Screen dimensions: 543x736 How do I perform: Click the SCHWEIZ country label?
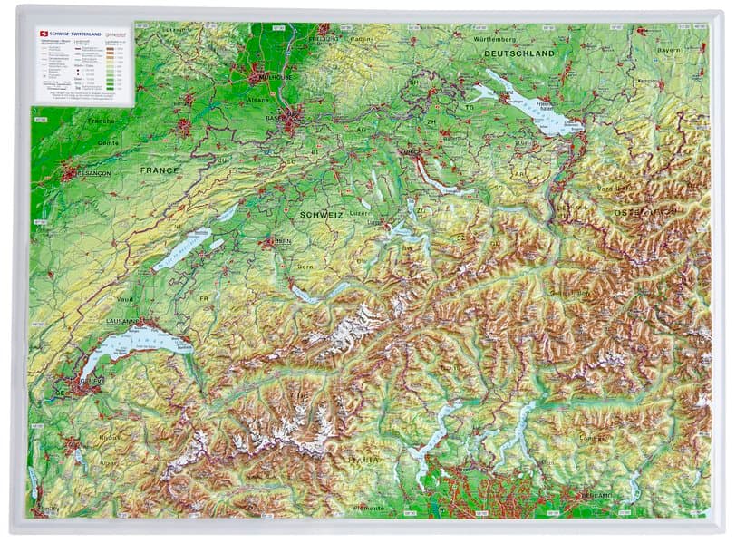click(x=320, y=214)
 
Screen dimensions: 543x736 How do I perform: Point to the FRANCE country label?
click(x=160, y=170)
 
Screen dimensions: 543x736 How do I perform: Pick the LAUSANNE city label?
click(x=124, y=321)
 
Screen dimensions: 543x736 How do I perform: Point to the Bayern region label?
click(x=668, y=50)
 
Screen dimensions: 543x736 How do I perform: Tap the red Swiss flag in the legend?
click(x=42, y=34)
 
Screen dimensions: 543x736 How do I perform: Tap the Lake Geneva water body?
click(x=136, y=344)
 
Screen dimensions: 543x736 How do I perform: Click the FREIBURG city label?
click(x=324, y=39)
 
